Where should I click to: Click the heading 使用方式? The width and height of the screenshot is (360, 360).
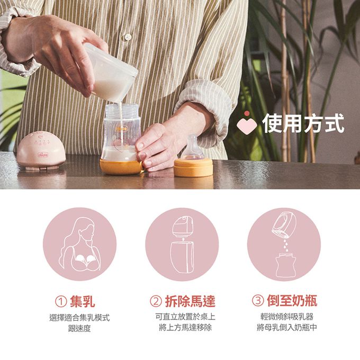tap(303, 123)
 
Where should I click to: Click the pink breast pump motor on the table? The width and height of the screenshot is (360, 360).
tap(41, 150)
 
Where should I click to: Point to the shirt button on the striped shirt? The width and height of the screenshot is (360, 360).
tap(128, 37)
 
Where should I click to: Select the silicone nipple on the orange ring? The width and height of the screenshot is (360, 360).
tap(192, 148)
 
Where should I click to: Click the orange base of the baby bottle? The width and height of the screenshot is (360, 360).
tap(121, 167)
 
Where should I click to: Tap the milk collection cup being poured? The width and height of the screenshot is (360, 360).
tap(111, 73)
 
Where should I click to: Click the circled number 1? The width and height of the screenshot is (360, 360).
tap(61, 301)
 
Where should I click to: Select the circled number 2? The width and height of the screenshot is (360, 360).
tap(156, 301)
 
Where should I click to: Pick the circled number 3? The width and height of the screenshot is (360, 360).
tap(258, 301)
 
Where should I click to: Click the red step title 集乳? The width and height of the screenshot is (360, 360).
tap(83, 301)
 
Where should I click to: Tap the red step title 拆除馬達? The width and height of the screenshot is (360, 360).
tap(190, 301)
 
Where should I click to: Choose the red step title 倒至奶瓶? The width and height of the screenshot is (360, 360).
tap(292, 301)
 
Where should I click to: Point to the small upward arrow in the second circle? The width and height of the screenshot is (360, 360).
tap(183, 239)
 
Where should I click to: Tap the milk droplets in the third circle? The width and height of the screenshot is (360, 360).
tap(285, 245)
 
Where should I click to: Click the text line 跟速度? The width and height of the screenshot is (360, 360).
tap(79, 329)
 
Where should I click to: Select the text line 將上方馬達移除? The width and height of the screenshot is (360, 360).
tap(185, 328)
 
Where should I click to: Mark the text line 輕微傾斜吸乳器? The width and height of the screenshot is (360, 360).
tap(287, 317)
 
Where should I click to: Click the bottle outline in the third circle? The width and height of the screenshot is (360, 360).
tap(285, 265)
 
